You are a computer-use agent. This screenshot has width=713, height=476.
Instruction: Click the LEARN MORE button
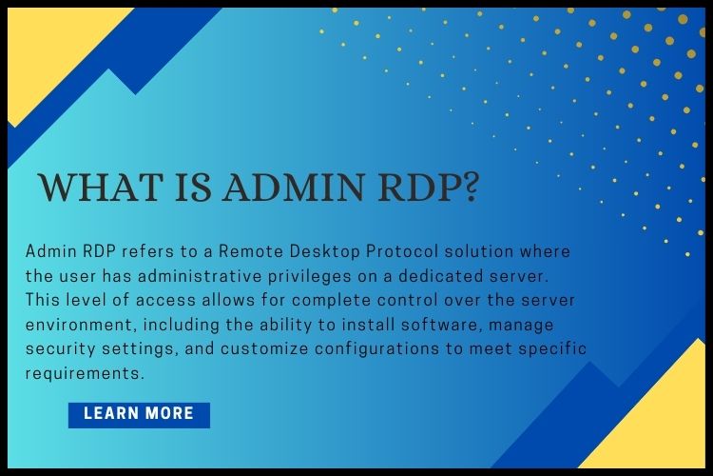point(139,414)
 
